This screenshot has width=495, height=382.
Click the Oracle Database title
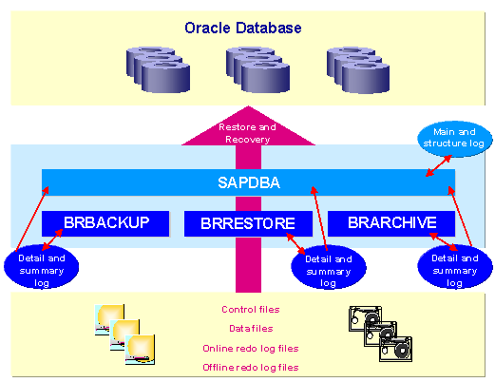click(x=243, y=28)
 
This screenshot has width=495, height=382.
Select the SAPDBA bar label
click(x=249, y=182)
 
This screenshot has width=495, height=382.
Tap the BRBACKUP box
click(x=105, y=223)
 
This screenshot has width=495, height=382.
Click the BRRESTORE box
click(x=248, y=223)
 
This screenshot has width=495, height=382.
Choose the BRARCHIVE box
click(x=391, y=223)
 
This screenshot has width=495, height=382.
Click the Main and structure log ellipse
click(x=454, y=139)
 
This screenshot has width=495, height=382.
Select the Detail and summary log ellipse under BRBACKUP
click(x=41, y=269)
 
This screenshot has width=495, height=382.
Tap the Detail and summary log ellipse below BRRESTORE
click(x=329, y=268)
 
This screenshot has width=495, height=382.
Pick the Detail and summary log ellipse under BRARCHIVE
click(x=455, y=268)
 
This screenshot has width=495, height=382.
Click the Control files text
click(x=251, y=310)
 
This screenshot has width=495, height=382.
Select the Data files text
click(x=251, y=329)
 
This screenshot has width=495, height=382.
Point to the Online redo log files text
click(x=251, y=349)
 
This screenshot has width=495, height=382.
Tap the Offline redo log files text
click(x=251, y=368)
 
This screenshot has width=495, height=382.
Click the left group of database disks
click(x=158, y=69)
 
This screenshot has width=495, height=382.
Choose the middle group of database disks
click(x=257, y=69)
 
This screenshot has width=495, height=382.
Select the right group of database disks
click(x=358, y=70)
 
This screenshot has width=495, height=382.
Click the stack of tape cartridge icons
click(x=380, y=334)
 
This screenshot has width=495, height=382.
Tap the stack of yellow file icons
click(x=124, y=334)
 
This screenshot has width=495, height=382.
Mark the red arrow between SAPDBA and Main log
click(x=439, y=165)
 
